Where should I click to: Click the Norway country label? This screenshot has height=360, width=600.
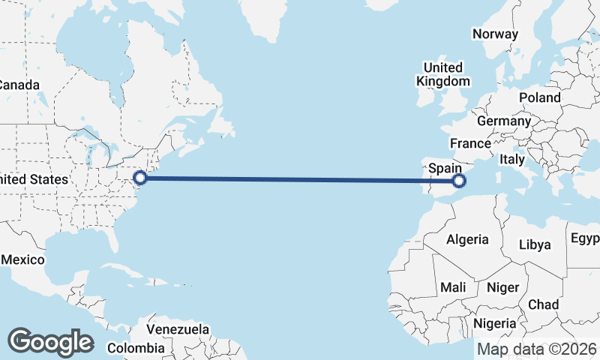(495, 34)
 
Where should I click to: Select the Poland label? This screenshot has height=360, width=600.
(538, 97)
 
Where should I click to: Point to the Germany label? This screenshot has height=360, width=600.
(503, 121)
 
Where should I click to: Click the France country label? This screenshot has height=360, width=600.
(470, 143)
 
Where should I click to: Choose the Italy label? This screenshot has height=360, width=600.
(512, 160)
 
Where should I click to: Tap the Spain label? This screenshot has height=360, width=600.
(444, 169)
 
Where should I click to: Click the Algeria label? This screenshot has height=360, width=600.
(467, 240)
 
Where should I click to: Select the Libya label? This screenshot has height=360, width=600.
(535, 244)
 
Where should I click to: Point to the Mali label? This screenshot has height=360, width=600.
(453, 287)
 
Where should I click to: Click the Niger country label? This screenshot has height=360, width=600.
(502, 287)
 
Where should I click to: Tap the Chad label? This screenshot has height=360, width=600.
(543, 304)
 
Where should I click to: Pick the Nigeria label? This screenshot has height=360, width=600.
(495, 323)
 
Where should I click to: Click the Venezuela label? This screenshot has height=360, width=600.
(178, 329)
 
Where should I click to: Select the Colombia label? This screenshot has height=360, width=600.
(135, 348)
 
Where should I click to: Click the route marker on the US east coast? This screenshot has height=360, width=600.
(140, 178)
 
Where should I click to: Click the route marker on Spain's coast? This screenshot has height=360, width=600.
(460, 180)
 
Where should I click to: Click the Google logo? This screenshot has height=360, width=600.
(50, 341)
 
